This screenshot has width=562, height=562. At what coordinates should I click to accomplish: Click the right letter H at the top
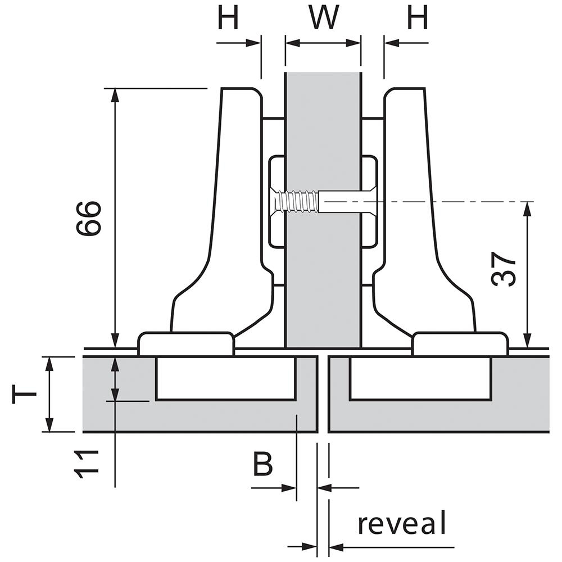coord(418,18)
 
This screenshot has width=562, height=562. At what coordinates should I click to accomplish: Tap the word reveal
coord(402,523)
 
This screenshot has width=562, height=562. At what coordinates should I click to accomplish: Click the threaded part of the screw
coord(298,202)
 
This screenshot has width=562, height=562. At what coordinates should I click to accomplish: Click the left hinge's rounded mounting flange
coord(186,343)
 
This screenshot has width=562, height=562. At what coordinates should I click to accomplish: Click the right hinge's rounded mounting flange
coord(460,343)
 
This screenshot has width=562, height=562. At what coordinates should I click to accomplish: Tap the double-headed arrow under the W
coord(323,43)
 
